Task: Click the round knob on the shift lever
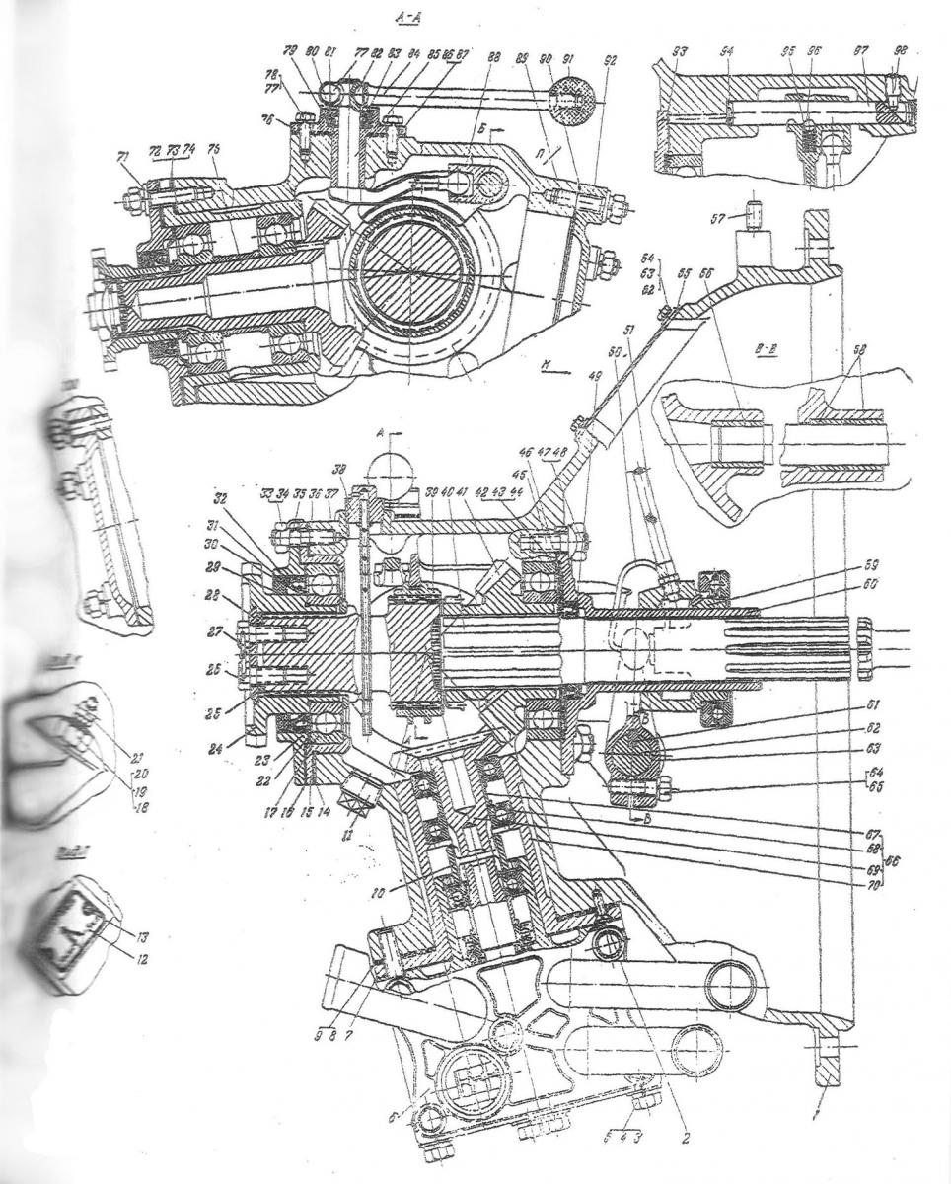[572, 97]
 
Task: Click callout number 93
[682, 51]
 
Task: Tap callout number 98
[899, 51]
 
